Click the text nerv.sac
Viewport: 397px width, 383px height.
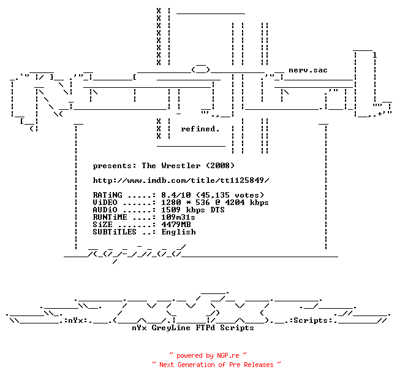tap(308, 70)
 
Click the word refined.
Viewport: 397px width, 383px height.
tap(200, 129)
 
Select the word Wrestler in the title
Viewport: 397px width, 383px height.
tap(181, 166)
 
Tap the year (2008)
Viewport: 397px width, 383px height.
tap(220, 166)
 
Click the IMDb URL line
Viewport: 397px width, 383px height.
tap(181, 180)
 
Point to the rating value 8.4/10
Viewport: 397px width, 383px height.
tap(176, 195)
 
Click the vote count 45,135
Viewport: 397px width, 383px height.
tap(215, 195)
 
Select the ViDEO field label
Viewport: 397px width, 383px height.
tap(105, 203)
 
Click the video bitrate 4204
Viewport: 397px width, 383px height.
tap(235, 203)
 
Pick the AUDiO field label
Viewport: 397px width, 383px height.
tap(105, 210)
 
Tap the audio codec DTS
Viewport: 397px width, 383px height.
tap(217, 210)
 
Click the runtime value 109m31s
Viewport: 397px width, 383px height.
tap(178, 217)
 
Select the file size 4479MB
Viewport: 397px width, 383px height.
tap(176, 225)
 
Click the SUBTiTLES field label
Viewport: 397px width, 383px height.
tap(115, 232)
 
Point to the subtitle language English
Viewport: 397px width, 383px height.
tap(178, 232)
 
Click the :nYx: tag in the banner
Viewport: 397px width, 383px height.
tap(77, 320)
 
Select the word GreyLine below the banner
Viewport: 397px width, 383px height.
tap(171, 328)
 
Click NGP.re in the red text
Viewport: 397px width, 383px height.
tap(228, 355)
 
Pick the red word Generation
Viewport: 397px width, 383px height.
tap(196, 365)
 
